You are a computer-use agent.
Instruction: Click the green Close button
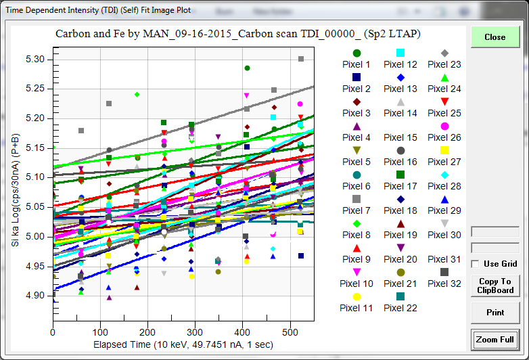(495, 37)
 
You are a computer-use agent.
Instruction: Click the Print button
(495, 313)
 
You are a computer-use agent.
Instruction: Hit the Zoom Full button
(495, 339)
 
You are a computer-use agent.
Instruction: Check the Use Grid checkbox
(476, 264)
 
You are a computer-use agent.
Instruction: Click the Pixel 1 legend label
(356, 64)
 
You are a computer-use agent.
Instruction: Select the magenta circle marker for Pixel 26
(444, 126)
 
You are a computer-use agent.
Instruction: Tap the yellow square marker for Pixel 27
(444, 150)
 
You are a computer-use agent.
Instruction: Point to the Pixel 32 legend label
(444, 284)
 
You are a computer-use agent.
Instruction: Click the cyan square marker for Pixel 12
(400, 53)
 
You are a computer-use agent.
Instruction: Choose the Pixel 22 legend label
(400, 308)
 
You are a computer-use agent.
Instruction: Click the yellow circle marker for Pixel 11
(356, 296)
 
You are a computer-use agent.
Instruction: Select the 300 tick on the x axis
(195, 332)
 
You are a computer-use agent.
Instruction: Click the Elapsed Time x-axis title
(183, 344)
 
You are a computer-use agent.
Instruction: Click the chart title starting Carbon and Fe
(237, 33)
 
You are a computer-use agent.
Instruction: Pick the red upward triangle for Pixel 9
(356, 248)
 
